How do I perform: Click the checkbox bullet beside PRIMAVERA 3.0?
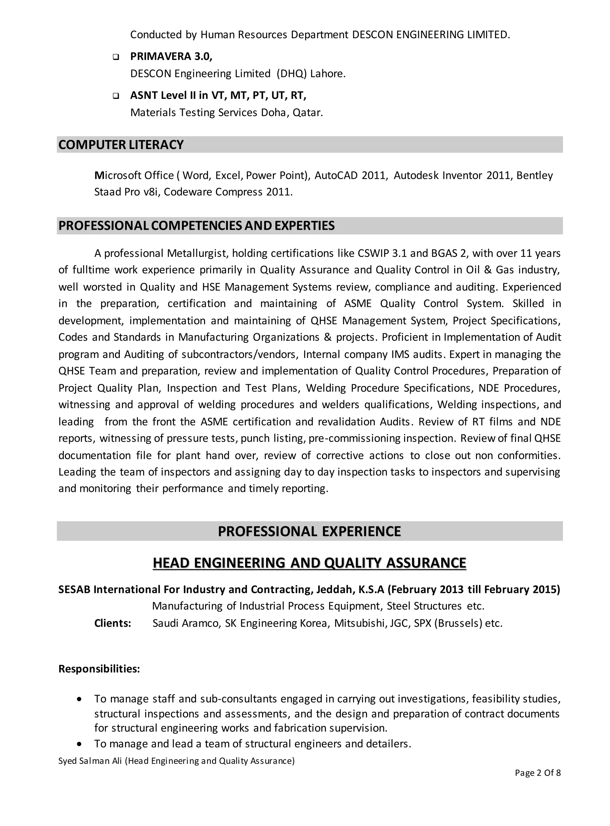click(116, 57)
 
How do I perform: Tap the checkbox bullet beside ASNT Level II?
click(116, 96)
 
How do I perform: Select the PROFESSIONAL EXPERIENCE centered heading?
click(309, 531)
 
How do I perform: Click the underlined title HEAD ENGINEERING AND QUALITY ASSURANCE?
click(309, 563)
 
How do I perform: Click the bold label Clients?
click(113, 624)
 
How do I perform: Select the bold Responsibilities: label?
click(99, 669)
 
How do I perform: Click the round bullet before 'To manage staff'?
click(79, 700)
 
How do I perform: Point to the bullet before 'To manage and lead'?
click(79, 744)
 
